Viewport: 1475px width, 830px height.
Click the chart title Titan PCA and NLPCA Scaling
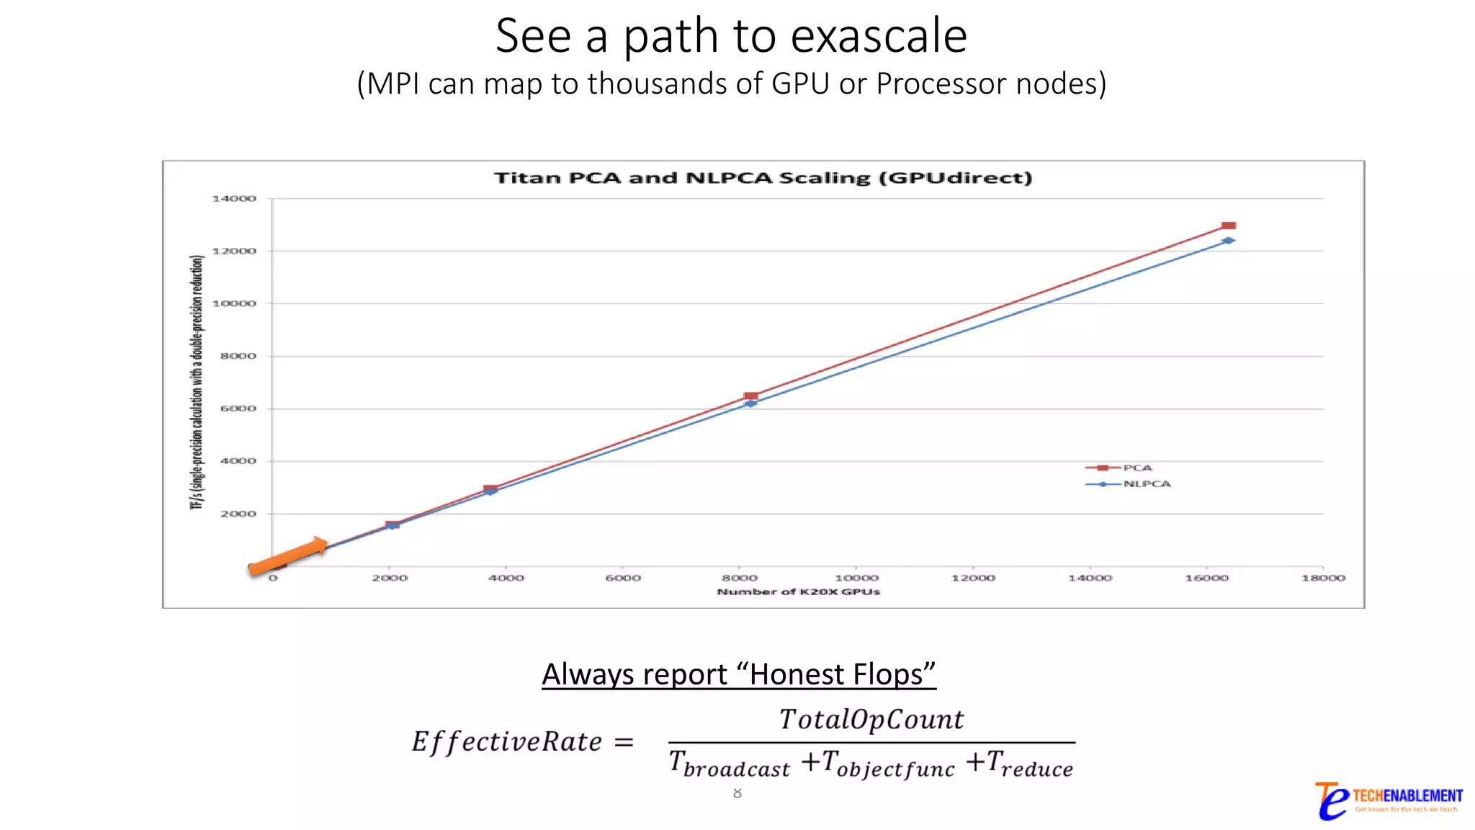[x=763, y=178]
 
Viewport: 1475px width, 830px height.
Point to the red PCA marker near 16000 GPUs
[x=1229, y=226]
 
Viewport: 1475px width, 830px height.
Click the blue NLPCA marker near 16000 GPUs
[x=1229, y=241]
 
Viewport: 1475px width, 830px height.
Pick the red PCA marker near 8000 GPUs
[x=750, y=396]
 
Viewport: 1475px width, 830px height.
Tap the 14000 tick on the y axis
[x=234, y=199]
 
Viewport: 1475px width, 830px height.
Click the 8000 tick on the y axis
[x=238, y=356]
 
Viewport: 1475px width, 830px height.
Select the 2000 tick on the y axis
[x=238, y=514]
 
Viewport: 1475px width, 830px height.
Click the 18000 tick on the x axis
[x=1323, y=578]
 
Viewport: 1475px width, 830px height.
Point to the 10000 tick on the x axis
[x=856, y=578]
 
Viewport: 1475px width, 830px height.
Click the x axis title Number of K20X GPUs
[x=798, y=592]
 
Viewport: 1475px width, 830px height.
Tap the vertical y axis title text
[x=197, y=382]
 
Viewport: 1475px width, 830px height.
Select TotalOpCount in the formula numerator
[x=871, y=719]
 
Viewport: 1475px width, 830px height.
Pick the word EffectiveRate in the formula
[x=506, y=741]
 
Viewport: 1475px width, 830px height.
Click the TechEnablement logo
[x=1388, y=800]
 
